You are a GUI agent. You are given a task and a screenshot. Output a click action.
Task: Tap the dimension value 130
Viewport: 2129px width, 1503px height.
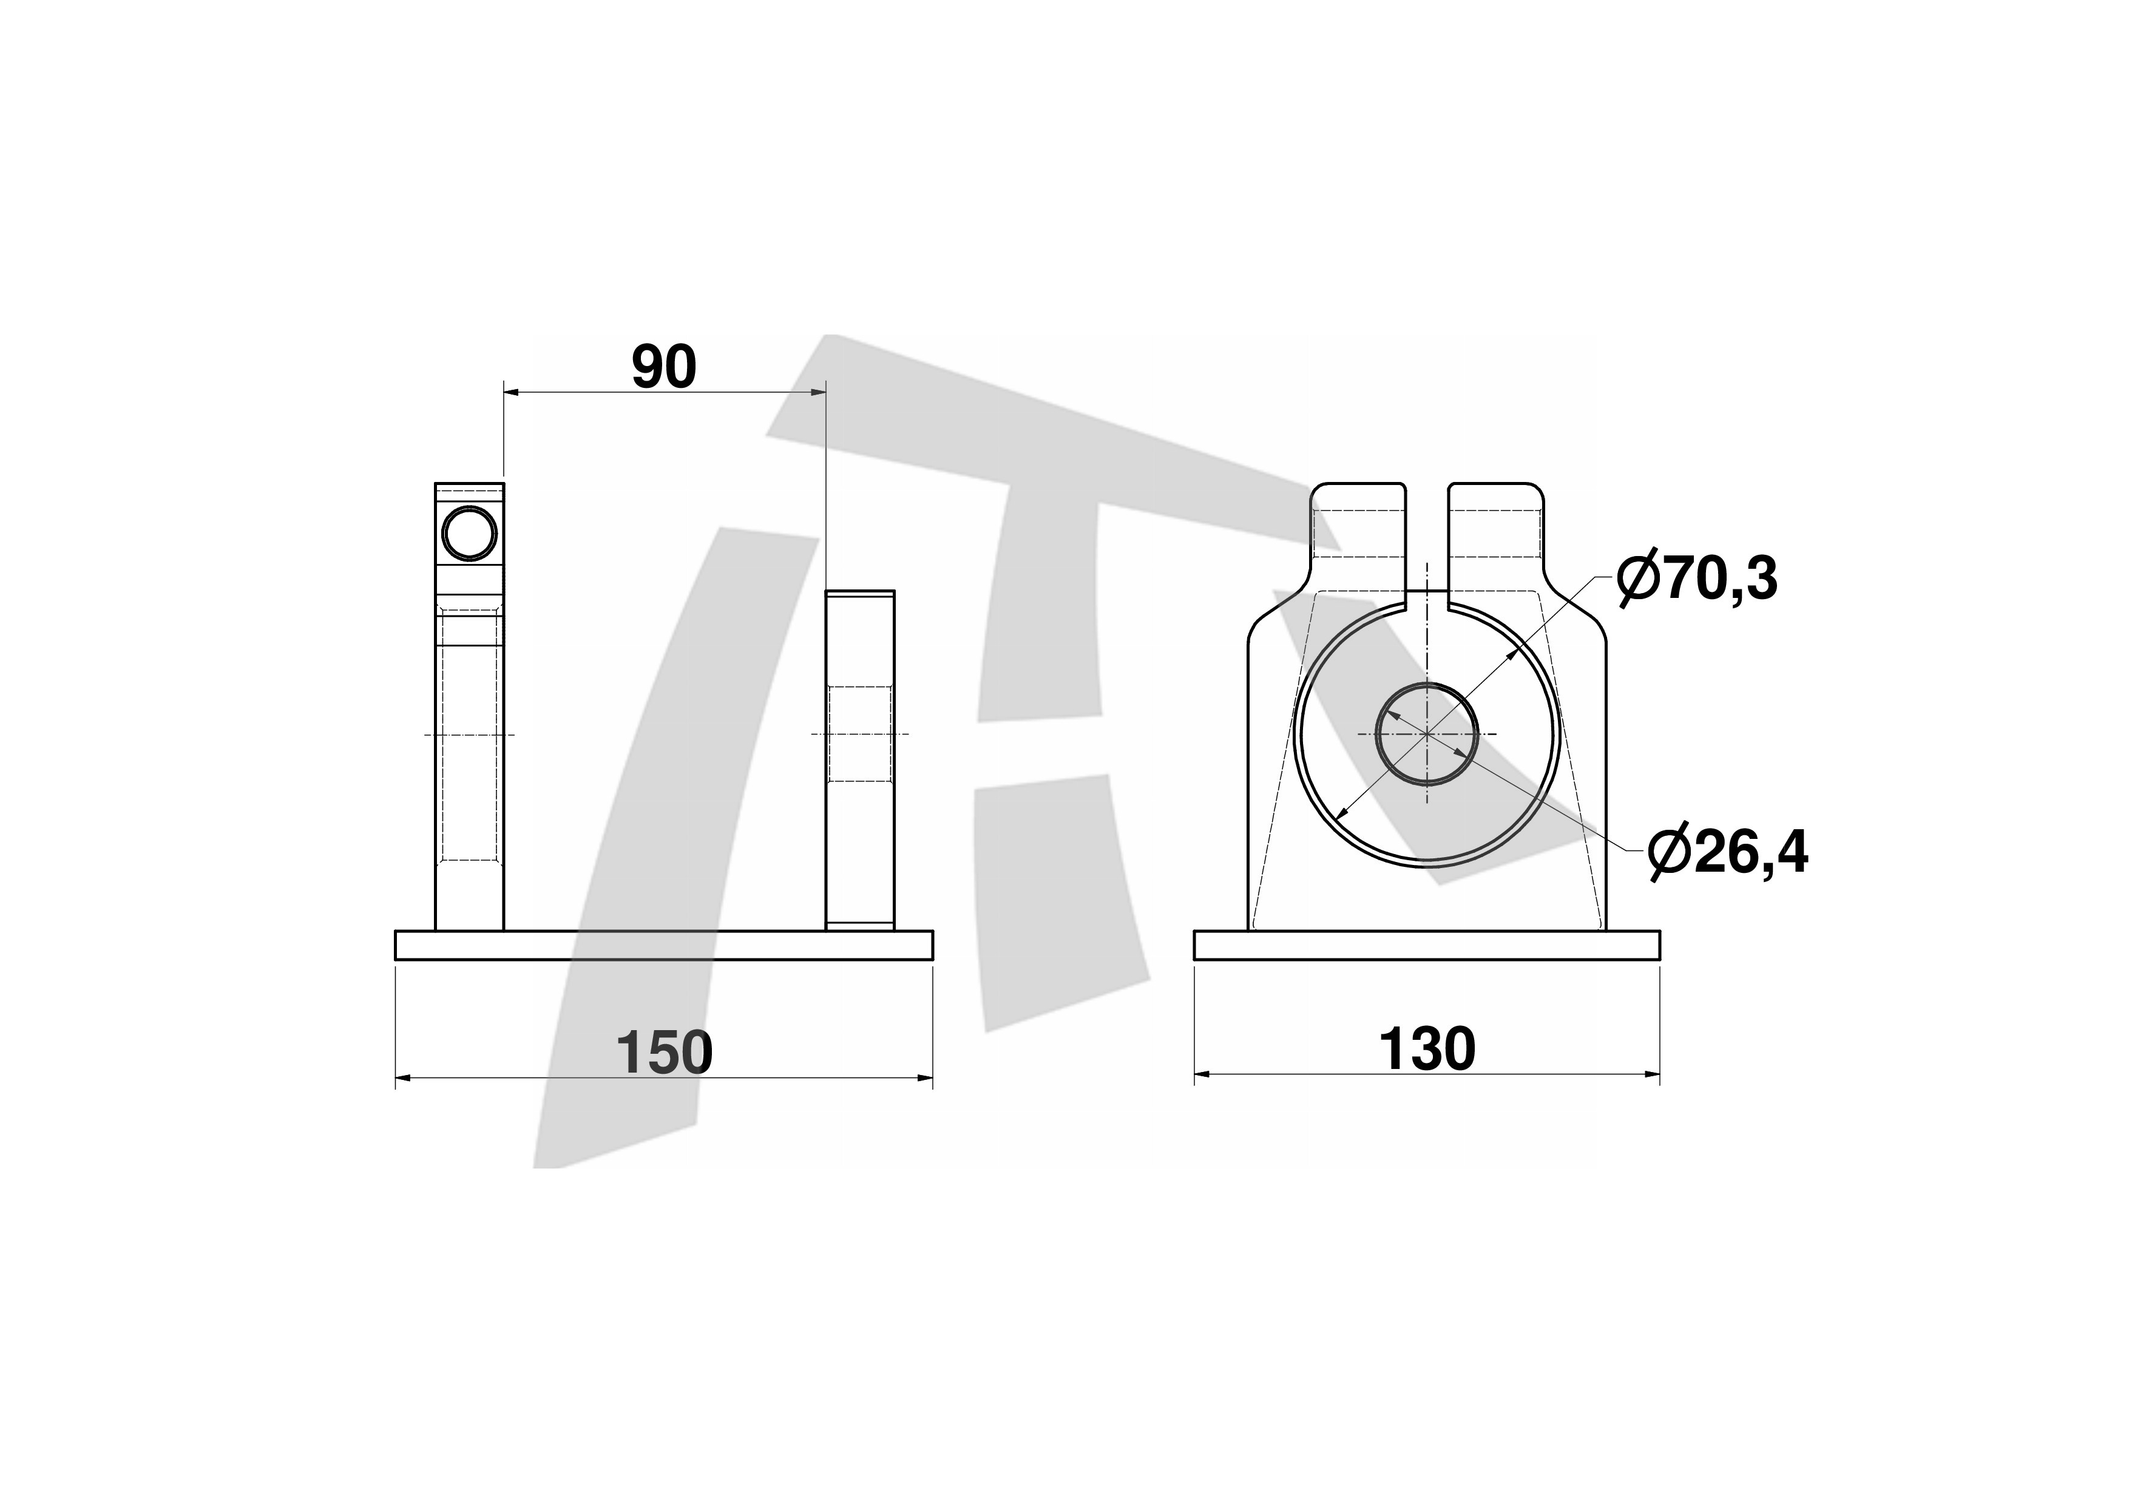pos(1426,1049)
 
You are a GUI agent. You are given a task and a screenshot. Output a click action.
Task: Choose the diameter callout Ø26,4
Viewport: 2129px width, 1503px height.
pos(1727,851)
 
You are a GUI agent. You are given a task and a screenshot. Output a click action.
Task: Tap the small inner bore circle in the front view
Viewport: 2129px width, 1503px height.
pos(1426,733)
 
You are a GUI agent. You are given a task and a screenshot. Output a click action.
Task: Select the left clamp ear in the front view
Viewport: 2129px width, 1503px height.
pos(1358,538)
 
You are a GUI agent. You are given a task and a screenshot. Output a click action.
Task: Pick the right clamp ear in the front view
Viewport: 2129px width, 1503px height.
pos(1495,538)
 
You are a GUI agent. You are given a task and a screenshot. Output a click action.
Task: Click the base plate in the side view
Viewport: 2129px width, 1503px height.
pos(664,945)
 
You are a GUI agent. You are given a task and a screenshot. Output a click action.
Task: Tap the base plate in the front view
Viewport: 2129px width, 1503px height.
pos(1426,945)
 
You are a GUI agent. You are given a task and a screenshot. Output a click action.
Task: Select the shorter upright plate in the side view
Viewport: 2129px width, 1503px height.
pos(861,761)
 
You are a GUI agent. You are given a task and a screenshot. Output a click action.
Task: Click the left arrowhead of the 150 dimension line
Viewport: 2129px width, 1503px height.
pos(404,1077)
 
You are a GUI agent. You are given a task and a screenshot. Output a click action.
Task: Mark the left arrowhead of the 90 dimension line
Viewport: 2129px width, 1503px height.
pos(511,393)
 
